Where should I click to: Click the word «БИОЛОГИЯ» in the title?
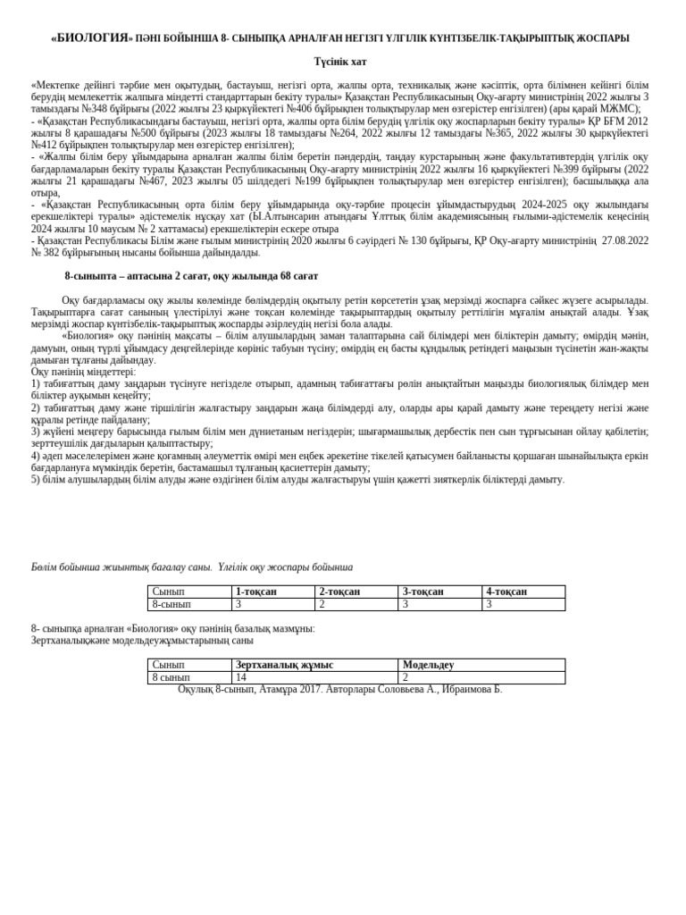click(x=91, y=38)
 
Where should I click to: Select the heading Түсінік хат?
click(x=339, y=63)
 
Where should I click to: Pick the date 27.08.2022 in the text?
click(x=624, y=240)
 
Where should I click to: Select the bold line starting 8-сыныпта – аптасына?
click(x=191, y=276)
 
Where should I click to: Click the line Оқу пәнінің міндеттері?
click(x=83, y=372)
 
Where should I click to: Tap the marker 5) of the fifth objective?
click(x=37, y=480)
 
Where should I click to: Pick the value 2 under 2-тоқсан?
click(x=322, y=605)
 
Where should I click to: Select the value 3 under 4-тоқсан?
click(x=489, y=605)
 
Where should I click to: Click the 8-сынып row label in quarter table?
click(x=171, y=605)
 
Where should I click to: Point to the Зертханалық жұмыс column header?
click(x=284, y=665)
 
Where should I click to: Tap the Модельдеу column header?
click(x=428, y=665)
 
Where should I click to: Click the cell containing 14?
click(x=241, y=677)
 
